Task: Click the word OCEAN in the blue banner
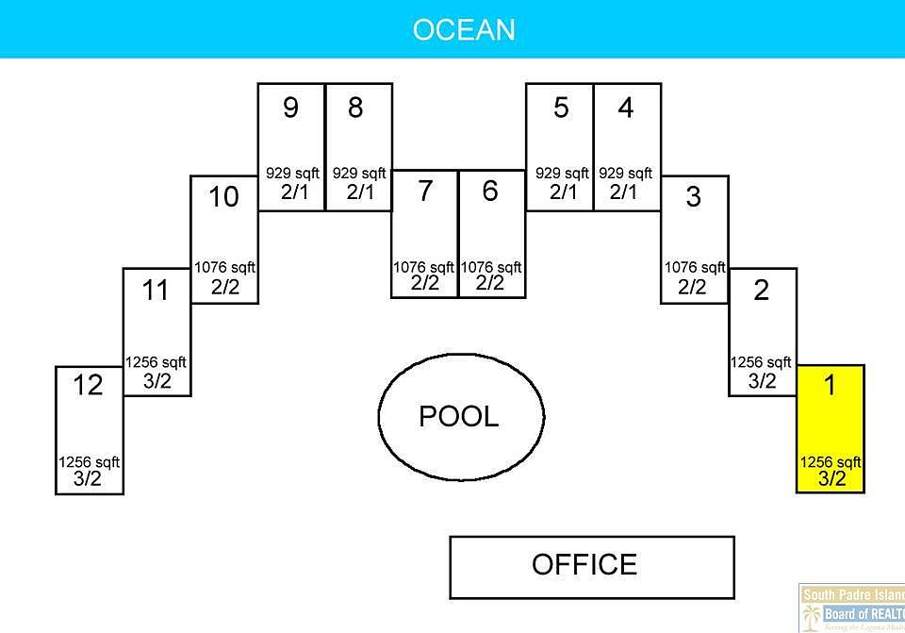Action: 464,29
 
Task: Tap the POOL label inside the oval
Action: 459,416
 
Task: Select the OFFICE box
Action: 591,565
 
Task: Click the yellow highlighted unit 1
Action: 831,429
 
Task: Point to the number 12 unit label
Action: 88,385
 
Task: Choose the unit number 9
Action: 290,108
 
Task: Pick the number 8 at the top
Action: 355,108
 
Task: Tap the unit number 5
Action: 561,108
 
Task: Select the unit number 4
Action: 626,108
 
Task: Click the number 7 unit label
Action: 425,191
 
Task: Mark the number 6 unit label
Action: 490,191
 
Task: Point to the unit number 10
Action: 223,197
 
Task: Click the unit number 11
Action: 156,291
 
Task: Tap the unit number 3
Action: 693,198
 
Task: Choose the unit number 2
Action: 761,291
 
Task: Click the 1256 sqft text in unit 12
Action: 90,462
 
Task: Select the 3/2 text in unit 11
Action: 157,380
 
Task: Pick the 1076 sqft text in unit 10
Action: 224,268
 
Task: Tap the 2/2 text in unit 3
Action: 693,287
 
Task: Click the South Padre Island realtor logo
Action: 852,608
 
